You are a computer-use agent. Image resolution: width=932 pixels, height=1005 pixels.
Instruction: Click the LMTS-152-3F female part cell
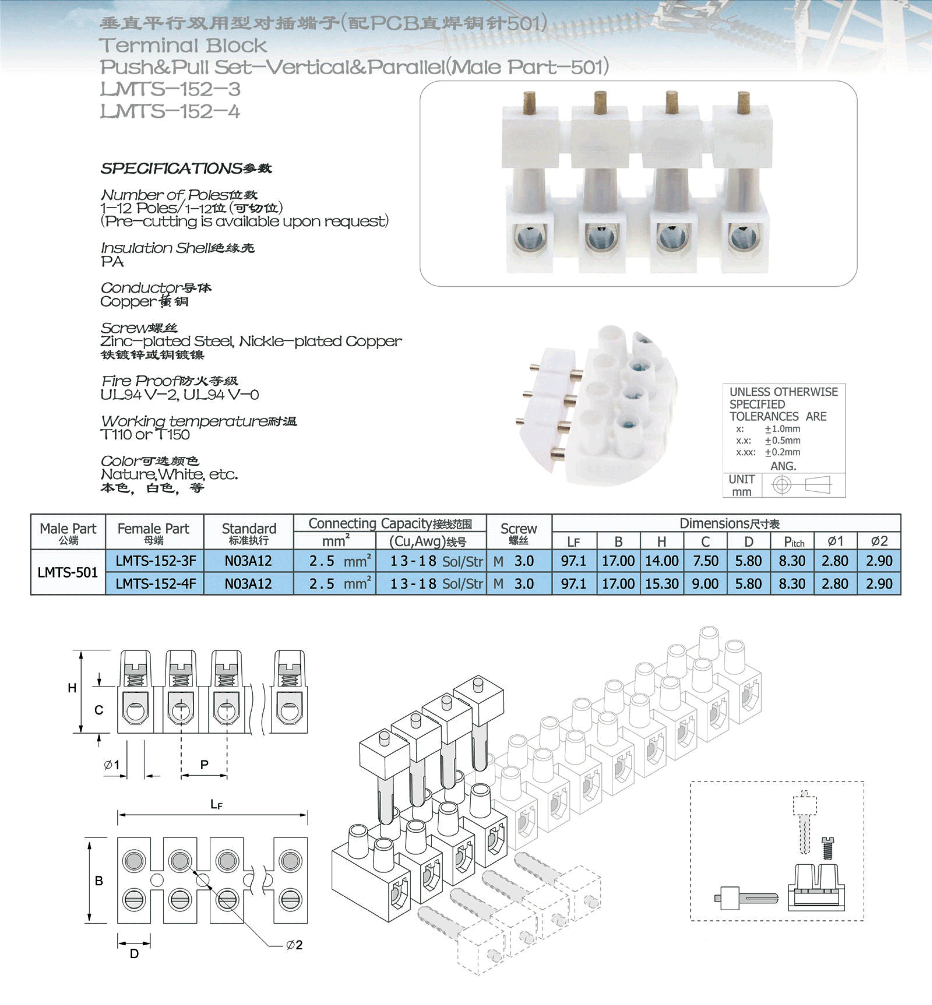click(x=155, y=561)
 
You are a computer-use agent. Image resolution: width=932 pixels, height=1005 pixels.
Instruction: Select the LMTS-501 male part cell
click(x=68, y=572)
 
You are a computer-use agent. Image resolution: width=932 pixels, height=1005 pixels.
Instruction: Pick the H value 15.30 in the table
click(x=662, y=584)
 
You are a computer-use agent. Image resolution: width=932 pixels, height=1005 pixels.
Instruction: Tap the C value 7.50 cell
click(x=705, y=561)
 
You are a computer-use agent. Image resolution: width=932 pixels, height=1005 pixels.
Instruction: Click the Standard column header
click(x=249, y=532)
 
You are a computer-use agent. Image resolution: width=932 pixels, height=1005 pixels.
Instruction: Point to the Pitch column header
click(x=794, y=541)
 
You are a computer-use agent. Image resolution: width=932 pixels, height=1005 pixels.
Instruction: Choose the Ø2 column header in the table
click(x=879, y=541)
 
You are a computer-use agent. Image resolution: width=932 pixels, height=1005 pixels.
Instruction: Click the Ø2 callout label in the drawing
click(x=294, y=945)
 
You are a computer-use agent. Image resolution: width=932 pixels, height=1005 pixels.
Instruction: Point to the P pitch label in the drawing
click(x=204, y=764)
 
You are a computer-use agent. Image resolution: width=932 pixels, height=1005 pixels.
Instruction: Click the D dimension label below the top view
click(x=134, y=953)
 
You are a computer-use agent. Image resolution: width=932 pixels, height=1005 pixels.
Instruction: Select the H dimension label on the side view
click(x=72, y=688)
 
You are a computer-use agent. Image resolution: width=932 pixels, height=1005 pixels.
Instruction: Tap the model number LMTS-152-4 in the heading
click(x=170, y=111)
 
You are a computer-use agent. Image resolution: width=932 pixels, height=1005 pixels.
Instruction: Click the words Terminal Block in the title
click(x=183, y=45)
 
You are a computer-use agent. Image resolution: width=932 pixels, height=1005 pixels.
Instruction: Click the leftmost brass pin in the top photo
click(x=529, y=102)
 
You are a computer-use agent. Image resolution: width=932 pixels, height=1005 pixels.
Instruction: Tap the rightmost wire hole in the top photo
click(x=743, y=236)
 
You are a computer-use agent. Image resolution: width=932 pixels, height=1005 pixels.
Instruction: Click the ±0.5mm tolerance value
click(x=782, y=440)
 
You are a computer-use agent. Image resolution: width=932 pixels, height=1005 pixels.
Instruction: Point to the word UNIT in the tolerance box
click(x=741, y=479)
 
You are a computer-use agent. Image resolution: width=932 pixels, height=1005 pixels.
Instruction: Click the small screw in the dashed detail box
click(x=827, y=848)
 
